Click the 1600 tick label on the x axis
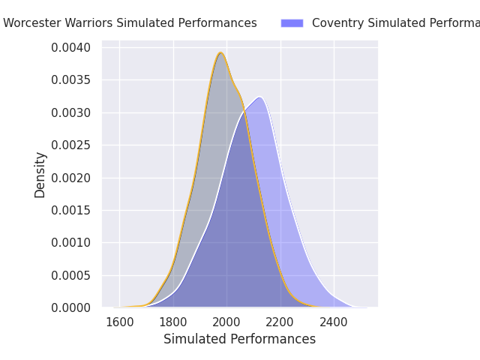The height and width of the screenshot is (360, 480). (119, 322)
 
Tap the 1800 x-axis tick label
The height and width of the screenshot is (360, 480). (173, 322)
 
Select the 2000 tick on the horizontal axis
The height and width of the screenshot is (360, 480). (226, 322)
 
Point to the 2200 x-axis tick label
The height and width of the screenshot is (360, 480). (280, 322)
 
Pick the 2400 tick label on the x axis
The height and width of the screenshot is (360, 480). (334, 322)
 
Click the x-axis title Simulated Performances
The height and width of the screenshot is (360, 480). (239, 339)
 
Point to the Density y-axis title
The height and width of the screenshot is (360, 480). (40, 175)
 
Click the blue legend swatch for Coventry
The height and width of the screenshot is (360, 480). (292, 23)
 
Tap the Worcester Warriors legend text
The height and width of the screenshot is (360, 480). (130, 23)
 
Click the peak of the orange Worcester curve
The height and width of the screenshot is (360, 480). (220, 52)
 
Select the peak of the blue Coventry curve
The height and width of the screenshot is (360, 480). (259, 97)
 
